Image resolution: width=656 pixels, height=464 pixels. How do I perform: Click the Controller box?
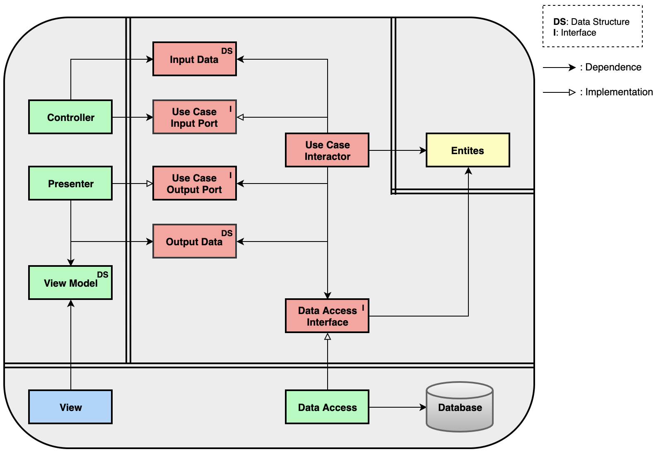tap(70, 117)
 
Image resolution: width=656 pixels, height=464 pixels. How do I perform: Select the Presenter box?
tap(70, 183)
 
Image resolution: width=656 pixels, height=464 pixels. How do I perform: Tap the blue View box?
tap(70, 407)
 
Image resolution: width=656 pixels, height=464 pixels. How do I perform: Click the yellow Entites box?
tap(468, 150)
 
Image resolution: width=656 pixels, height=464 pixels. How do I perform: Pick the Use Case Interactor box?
tap(327, 150)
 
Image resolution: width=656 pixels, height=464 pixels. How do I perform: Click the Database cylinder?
tap(460, 407)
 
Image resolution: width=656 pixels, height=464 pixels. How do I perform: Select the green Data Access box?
tap(327, 407)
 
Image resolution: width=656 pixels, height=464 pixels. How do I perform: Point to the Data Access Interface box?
tap(327, 316)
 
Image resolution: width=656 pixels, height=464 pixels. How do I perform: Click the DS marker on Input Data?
tap(227, 51)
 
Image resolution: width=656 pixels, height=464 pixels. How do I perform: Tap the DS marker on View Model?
tap(102, 275)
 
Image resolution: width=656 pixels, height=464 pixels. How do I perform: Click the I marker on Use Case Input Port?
tap(230, 109)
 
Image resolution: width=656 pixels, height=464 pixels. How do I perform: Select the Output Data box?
tap(194, 241)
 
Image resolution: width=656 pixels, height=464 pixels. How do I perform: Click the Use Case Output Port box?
tap(194, 183)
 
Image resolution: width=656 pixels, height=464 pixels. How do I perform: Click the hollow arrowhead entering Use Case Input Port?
tap(240, 117)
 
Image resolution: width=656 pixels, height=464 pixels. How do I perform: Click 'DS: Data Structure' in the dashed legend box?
tap(591, 22)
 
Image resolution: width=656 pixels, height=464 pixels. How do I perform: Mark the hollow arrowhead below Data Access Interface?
tap(328, 337)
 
